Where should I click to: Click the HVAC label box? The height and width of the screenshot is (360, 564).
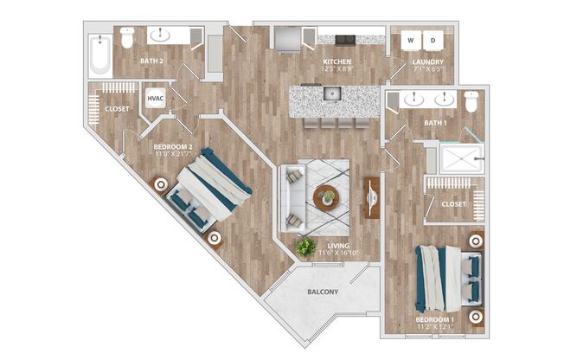click(157, 98)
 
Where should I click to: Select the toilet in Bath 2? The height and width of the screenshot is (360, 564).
click(127, 38)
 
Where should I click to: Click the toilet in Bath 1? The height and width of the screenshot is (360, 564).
click(471, 101)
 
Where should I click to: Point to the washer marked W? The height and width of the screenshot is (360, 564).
click(411, 40)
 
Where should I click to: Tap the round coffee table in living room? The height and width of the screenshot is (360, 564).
click(327, 197)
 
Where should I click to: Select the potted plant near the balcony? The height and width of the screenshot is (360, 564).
click(305, 247)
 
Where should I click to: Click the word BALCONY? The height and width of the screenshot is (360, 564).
click(322, 292)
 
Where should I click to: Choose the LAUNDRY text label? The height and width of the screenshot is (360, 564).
click(428, 62)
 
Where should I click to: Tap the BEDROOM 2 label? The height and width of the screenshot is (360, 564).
click(173, 147)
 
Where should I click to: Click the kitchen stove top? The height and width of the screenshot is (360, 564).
click(343, 39)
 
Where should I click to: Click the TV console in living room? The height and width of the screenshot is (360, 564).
click(372, 199)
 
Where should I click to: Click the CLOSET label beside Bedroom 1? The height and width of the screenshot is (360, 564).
click(454, 205)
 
